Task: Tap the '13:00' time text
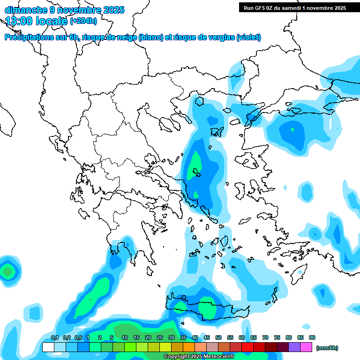19,21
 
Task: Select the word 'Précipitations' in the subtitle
29,37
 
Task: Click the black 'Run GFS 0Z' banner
294,7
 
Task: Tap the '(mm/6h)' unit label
327,348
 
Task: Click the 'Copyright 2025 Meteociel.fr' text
199,357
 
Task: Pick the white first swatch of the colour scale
48,347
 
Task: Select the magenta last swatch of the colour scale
307,347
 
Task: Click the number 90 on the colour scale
312,337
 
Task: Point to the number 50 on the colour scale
218,337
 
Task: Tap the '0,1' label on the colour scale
54,337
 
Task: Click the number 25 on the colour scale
160,337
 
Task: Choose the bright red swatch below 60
247,347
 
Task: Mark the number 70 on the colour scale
265,337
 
